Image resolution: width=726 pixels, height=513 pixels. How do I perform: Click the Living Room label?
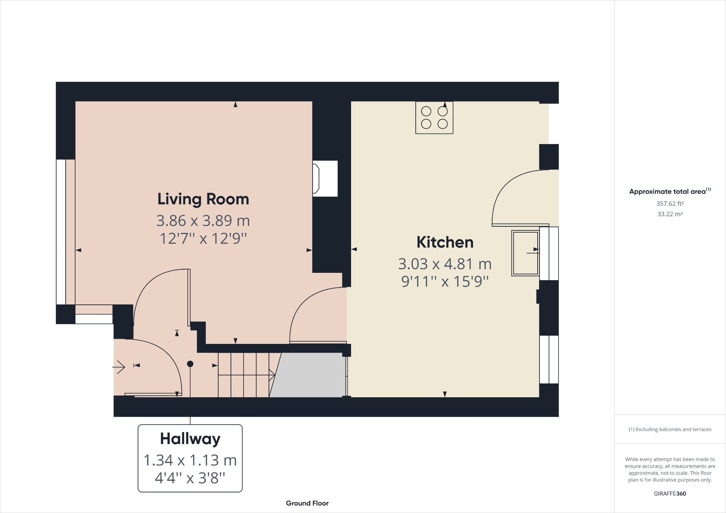click(203, 199)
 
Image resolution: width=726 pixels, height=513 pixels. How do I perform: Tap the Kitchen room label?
click(445, 242)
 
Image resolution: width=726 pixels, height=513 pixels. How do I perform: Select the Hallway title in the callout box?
click(190, 439)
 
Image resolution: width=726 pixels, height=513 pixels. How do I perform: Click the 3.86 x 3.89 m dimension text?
click(203, 221)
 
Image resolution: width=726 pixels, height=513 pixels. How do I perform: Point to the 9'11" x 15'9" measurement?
click(445, 282)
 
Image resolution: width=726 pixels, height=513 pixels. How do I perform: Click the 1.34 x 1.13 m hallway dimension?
click(190, 460)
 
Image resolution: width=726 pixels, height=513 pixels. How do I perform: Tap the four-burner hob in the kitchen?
click(434, 118)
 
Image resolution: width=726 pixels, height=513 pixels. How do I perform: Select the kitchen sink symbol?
click(525, 253)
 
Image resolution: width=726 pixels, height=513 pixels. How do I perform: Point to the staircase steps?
click(243, 375)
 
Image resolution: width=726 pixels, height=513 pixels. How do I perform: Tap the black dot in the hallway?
click(190, 364)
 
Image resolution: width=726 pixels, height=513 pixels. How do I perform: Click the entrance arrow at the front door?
click(119, 367)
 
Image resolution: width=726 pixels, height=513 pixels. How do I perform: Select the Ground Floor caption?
click(307, 503)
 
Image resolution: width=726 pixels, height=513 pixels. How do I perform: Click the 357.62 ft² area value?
click(670, 204)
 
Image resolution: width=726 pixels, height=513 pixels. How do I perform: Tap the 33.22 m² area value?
click(670, 214)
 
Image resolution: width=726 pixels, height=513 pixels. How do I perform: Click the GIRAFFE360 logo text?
click(670, 493)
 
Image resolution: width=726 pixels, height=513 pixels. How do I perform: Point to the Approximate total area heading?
click(670, 191)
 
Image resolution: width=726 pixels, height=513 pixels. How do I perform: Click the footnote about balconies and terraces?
click(670, 429)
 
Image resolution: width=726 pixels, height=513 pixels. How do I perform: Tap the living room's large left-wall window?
click(61, 232)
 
